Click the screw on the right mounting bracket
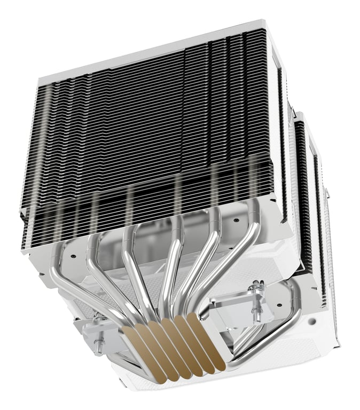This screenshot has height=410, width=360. pyautogui.click(x=255, y=290)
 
